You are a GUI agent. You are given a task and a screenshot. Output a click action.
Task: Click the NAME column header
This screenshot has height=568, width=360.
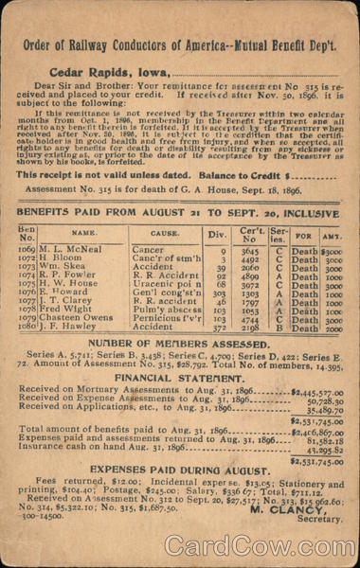(x=84, y=232)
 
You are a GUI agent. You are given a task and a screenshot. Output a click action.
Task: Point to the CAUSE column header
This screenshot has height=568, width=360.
(x=166, y=232)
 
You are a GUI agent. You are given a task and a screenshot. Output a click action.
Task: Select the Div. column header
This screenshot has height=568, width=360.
(x=217, y=233)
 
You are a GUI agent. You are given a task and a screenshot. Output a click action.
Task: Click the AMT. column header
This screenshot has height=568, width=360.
(x=332, y=233)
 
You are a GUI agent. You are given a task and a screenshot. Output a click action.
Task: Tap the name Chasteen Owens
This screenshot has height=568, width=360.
(x=75, y=319)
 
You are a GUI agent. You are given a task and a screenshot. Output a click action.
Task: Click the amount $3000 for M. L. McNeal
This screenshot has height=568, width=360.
(x=332, y=251)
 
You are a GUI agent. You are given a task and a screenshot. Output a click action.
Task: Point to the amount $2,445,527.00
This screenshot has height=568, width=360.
(x=316, y=391)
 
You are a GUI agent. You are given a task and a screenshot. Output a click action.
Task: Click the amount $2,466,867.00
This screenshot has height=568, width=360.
(x=316, y=431)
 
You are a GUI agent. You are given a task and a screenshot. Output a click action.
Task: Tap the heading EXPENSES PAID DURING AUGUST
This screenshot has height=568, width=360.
(x=180, y=470)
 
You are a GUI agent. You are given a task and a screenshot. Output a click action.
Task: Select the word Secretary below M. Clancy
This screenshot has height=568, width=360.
(x=319, y=519)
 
